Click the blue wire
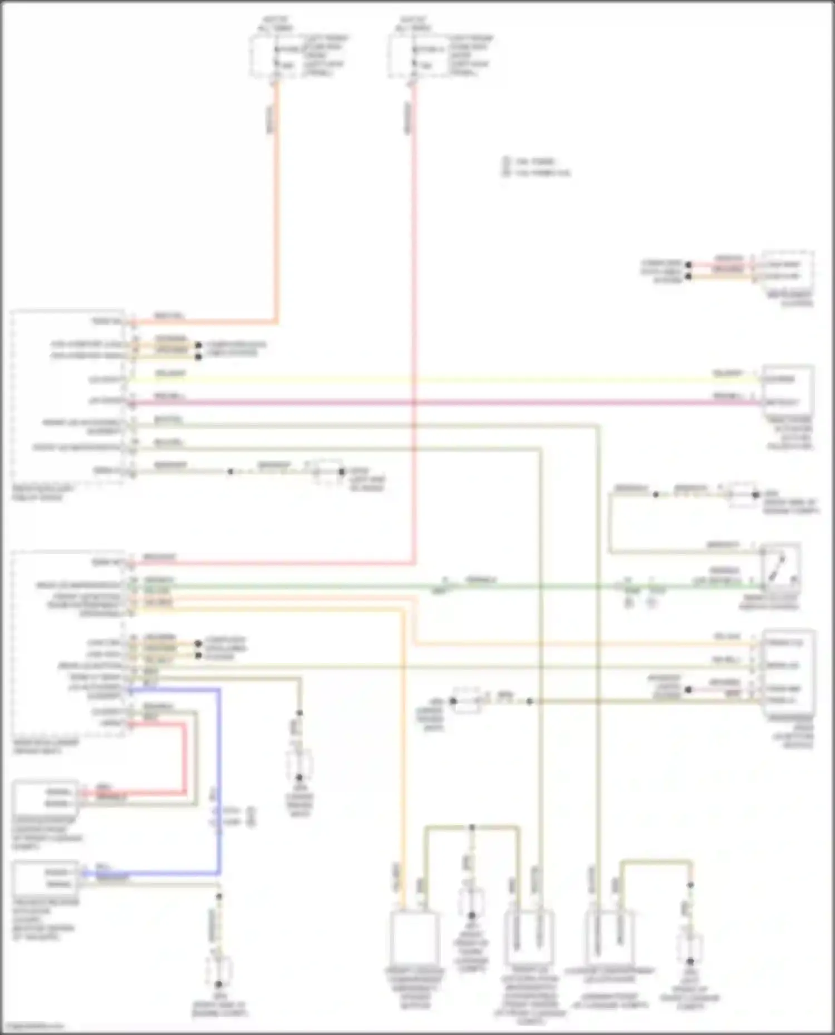point(219,779)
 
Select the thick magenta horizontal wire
point(445,402)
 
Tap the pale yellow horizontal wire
point(445,380)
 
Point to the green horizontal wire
point(334,586)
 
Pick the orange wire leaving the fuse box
point(276,195)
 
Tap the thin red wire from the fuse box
point(414,278)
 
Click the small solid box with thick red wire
point(45,797)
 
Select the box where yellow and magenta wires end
point(788,389)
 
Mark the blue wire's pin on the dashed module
point(130,691)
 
